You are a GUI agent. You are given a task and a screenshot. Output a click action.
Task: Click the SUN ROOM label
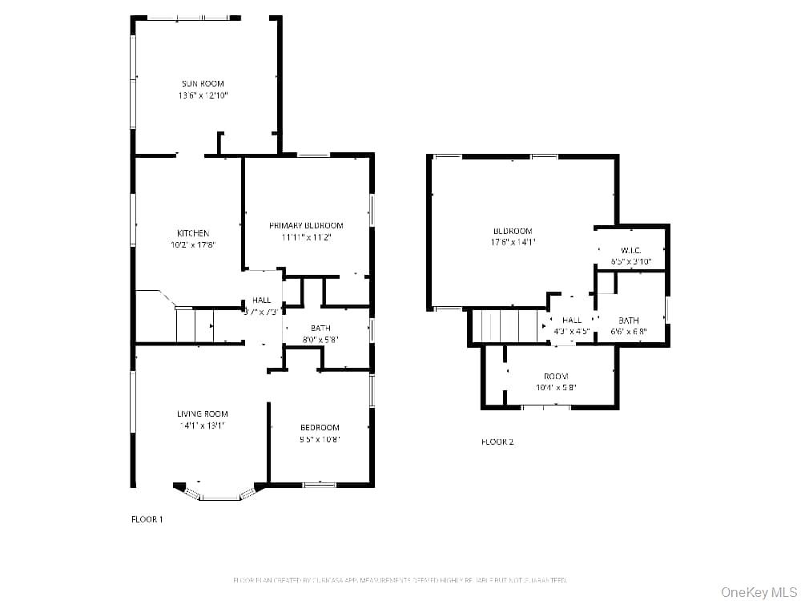click(203, 83)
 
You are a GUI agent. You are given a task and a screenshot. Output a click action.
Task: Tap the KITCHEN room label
click(193, 233)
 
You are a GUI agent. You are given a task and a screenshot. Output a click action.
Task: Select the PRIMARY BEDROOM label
click(306, 226)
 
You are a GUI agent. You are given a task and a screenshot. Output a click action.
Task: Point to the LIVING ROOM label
click(203, 414)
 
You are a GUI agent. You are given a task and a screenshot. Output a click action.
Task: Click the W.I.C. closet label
click(630, 251)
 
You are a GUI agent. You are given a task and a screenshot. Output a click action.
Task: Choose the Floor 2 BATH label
click(629, 321)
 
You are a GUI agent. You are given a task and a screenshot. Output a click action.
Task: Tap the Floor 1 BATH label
click(320, 328)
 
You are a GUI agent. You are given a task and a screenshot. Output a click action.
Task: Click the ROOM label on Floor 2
click(556, 377)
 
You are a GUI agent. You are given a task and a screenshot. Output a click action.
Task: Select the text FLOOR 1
click(147, 519)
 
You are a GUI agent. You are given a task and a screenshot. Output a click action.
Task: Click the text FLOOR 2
click(497, 442)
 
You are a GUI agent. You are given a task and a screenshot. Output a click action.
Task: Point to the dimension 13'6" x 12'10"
click(203, 95)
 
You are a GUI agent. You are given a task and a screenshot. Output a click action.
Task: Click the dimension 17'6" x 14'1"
click(513, 242)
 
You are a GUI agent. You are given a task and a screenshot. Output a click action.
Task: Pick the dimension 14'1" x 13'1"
click(203, 426)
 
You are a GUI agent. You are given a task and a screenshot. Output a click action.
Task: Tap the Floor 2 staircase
click(506, 326)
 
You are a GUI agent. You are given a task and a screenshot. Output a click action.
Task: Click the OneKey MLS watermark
click(756, 592)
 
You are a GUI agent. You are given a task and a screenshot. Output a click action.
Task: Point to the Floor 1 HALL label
click(262, 300)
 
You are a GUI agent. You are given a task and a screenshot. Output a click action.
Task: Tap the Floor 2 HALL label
click(572, 321)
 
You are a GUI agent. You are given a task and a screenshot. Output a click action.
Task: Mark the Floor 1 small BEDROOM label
click(320, 428)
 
